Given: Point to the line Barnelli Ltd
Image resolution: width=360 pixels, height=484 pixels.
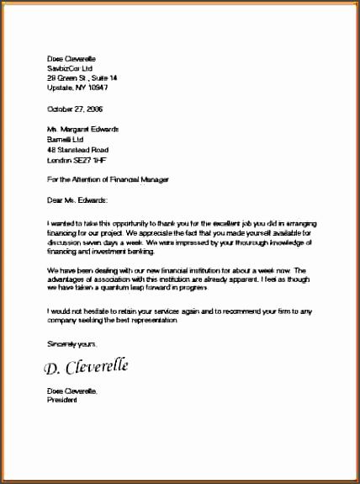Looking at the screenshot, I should tap(65, 139).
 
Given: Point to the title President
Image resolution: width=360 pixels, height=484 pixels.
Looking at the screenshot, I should tap(61, 401).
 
